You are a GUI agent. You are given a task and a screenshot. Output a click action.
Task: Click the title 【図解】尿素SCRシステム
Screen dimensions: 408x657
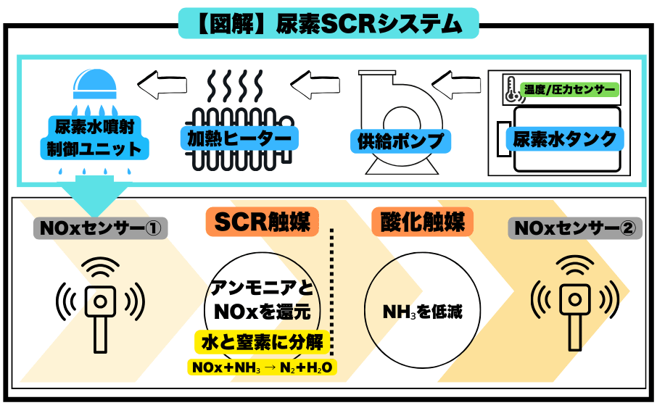click(328, 23)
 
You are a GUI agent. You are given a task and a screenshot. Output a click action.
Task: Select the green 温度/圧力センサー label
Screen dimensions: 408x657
click(569, 90)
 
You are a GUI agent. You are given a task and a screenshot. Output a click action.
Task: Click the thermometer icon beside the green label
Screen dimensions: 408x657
click(510, 90)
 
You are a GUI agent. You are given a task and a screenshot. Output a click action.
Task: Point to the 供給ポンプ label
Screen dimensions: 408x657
click(399, 140)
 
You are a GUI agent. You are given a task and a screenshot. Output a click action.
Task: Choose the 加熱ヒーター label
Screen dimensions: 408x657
click(234, 137)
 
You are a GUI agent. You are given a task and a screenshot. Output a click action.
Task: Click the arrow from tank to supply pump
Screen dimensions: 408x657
click(460, 86)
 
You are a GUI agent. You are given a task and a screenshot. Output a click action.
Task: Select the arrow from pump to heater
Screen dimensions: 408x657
click(316, 86)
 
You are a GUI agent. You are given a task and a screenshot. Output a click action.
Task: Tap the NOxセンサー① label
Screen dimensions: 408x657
click(101, 229)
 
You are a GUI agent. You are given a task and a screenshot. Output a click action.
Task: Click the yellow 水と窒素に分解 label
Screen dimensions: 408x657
click(262, 341)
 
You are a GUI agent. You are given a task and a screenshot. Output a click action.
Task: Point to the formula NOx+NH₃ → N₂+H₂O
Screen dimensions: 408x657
click(262, 368)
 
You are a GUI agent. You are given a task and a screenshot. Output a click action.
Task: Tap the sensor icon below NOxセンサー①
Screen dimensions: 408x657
click(101, 304)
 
